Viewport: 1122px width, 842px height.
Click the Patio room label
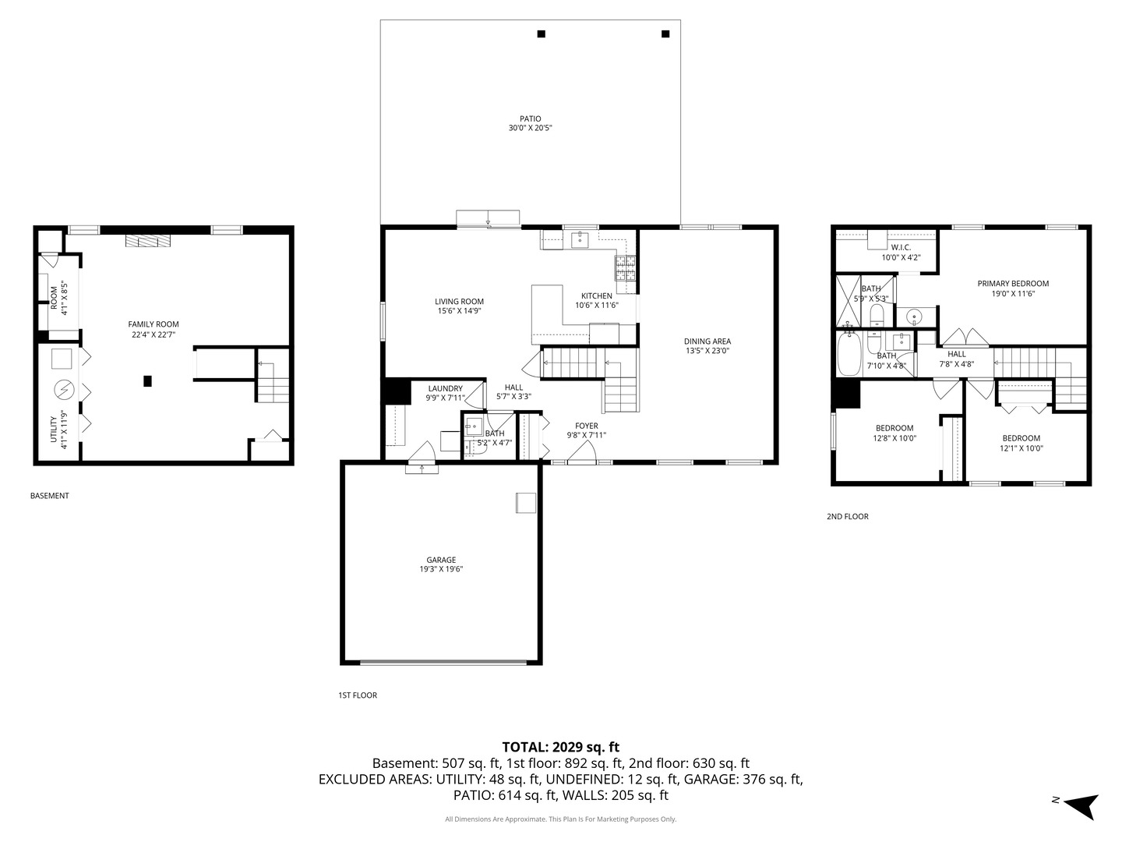pos(530,119)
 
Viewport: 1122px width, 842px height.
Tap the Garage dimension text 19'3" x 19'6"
pos(441,569)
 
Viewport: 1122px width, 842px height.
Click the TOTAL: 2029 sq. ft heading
pos(560,747)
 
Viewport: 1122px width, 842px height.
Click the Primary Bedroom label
pos(1013,284)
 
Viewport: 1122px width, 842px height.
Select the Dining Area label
pos(707,341)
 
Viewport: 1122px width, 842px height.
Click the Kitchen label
pos(596,295)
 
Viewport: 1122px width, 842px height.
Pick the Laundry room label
pos(445,388)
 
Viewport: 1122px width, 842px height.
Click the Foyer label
pos(586,426)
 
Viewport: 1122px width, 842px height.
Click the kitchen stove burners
pos(626,269)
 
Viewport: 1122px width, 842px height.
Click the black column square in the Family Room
pos(147,381)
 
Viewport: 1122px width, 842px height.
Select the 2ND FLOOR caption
pos(847,516)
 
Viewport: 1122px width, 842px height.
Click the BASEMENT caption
pos(49,495)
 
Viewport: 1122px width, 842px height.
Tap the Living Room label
pos(459,302)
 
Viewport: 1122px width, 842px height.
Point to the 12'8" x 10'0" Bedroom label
pos(894,428)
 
